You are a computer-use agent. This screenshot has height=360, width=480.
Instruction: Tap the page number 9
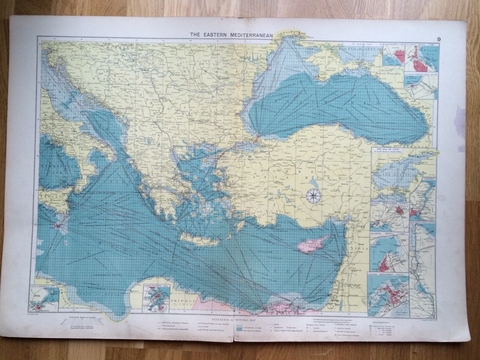click(x=440, y=39)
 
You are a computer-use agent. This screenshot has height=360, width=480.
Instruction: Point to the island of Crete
click(x=199, y=240)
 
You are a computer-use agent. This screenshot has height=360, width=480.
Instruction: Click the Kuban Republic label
click(x=388, y=73)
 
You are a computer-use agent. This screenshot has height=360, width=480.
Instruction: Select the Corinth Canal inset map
click(x=421, y=86)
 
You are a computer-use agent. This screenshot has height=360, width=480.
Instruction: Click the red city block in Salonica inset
click(x=399, y=57)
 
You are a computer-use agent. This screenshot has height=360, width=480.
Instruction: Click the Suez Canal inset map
click(x=423, y=270)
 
